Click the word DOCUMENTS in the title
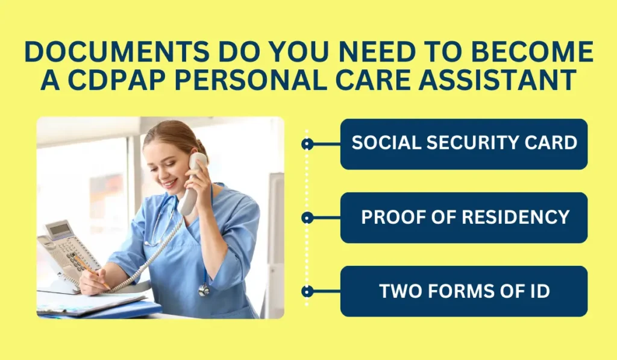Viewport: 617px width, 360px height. [x=116, y=52]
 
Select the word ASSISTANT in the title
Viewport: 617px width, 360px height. [x=498, y=80]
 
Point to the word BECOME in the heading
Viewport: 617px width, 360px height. [x=533, y=52]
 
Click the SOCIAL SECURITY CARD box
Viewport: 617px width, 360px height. [x=464, y=144]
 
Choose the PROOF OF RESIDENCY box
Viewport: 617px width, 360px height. [x=464, y=218]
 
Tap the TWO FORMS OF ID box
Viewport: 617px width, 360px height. [x=464, y=291]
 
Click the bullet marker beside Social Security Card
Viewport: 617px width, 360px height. [x=307, y=144]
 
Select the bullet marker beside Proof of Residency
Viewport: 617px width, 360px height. [x=307, y=218]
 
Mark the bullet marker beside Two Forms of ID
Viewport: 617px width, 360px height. [x=307, y=291]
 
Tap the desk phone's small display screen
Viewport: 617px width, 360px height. [x=60, y=229]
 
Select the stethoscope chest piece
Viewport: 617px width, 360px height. [x=204, y=291]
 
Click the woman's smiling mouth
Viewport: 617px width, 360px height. [x=170, y=183]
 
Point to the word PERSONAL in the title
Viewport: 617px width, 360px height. [x=250, y=80]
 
